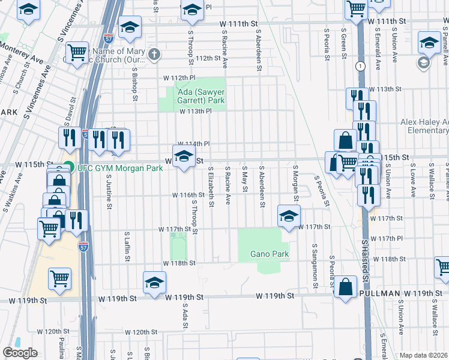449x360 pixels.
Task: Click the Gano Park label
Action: click(x=270, y=254)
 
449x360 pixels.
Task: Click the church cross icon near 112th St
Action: click(x=154, y=55)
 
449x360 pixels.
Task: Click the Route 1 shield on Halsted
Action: click(x=360, y=65)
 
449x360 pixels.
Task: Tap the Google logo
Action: click(x=20, y=353)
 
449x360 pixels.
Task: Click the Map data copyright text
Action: click(x=424, y=355)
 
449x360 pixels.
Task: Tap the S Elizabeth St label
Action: click(x=211, y=188)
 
